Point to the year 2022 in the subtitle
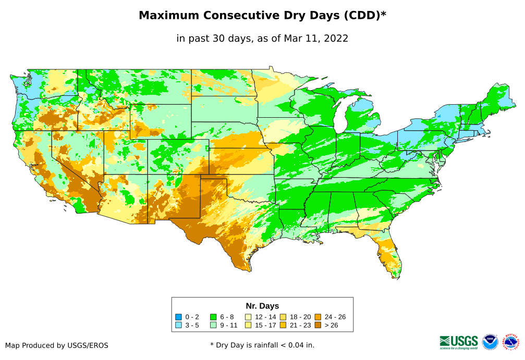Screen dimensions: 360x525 tap(336, 38)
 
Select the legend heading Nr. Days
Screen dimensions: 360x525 tap(262, 306)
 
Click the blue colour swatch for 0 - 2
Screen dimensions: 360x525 tap(179, 317)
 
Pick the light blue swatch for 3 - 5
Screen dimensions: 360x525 tap(179, 325)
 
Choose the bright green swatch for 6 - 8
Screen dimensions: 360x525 tap(213, 317)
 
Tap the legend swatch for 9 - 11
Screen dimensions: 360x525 tap(213, 325)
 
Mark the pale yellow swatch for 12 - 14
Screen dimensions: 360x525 tap(248, 317)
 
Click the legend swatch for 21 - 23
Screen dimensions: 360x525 tap(283, 325)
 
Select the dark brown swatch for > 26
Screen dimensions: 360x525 tap(318, 325)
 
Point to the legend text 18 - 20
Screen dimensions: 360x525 tap(300, 317)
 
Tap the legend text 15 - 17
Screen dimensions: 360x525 tap(265, 325)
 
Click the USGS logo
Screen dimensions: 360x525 tap(459, 342)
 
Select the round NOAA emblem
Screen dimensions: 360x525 tap(490, 342)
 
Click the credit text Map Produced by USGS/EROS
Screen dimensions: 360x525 tap(57, 345)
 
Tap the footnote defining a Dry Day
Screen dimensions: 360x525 tap(262, 345)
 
